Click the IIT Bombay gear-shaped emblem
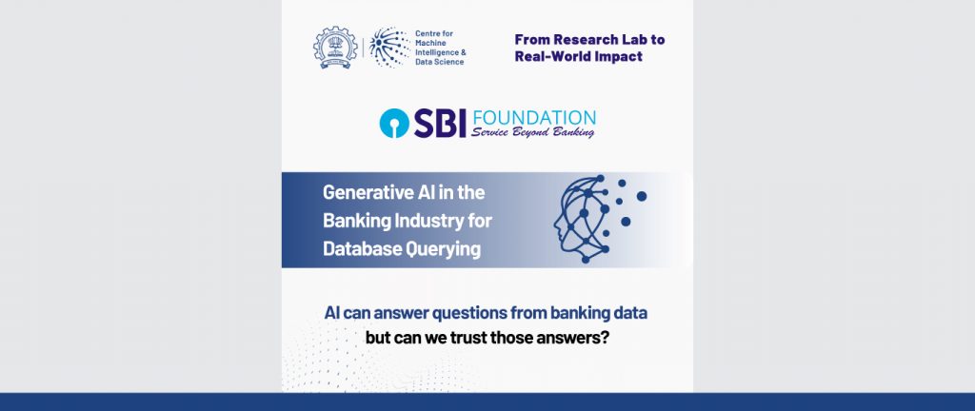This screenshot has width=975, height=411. click(x=335, y=48)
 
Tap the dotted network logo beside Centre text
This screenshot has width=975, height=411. click(x=389, y=48)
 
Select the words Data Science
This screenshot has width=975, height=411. click(x=439, y=62)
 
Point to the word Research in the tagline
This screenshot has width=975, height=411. click(x=582, y=40)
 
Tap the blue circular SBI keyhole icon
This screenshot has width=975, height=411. click(x=394, y=123)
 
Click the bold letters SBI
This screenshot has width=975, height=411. click(x=440, y=123)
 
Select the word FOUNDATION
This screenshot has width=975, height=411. click(x=533, y=118)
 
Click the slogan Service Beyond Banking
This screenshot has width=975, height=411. click(x=532, y=131)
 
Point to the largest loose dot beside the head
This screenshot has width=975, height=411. click(x=642, y=196)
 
